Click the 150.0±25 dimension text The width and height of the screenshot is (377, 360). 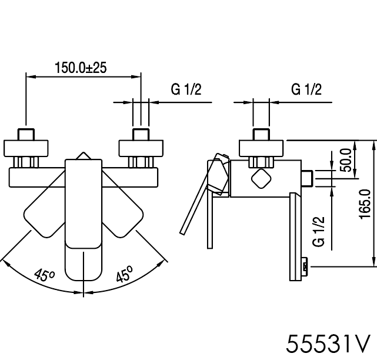[81, 68]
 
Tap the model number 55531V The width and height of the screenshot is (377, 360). [328, 344]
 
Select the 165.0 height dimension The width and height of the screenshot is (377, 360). [365, 204]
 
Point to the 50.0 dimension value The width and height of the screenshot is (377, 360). [346, 160]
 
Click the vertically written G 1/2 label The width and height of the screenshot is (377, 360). [319, 231]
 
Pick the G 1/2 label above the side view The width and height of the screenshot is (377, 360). [306, 89]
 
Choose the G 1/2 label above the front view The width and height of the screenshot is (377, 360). [186, 89]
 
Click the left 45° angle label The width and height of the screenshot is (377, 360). [45, 275]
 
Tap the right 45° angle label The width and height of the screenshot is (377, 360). [124, 274]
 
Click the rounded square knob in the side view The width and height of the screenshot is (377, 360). [261, 179]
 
